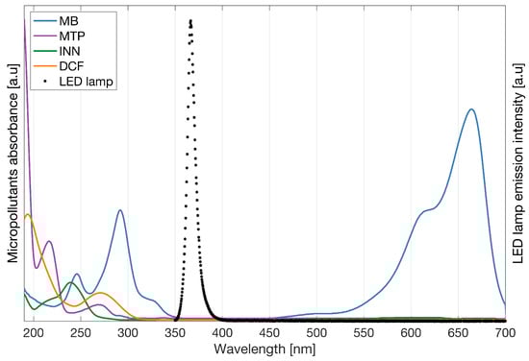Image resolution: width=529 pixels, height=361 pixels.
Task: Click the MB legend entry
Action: click(69, 20)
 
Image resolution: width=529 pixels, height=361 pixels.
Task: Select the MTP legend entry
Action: click(71, 36)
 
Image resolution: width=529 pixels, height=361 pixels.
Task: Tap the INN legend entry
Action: click(70, 51)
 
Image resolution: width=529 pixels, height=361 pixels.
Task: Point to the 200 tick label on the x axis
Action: click(35, 332)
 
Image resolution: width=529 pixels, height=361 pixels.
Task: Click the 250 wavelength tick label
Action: click(81, 332)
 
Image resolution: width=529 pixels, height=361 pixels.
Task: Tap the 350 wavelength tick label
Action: click(175, 332)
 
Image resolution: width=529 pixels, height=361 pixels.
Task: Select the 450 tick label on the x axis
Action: click(269, 332)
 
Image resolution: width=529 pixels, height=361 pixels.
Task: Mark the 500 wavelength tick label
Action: click(316, 332)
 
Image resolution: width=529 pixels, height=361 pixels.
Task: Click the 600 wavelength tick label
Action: click(411, 332)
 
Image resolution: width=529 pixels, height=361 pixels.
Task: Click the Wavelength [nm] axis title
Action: click(264, 349)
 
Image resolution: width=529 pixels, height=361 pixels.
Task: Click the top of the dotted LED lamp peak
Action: click(190, 21)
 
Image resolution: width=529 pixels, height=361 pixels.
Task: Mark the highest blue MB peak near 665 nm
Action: click(471, 108)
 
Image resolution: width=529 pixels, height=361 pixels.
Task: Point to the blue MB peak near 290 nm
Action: click(120, 210)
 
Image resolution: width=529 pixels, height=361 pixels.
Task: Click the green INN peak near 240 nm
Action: click(71, 283)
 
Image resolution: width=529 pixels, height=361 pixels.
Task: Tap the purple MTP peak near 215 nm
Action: click(49, 240)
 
